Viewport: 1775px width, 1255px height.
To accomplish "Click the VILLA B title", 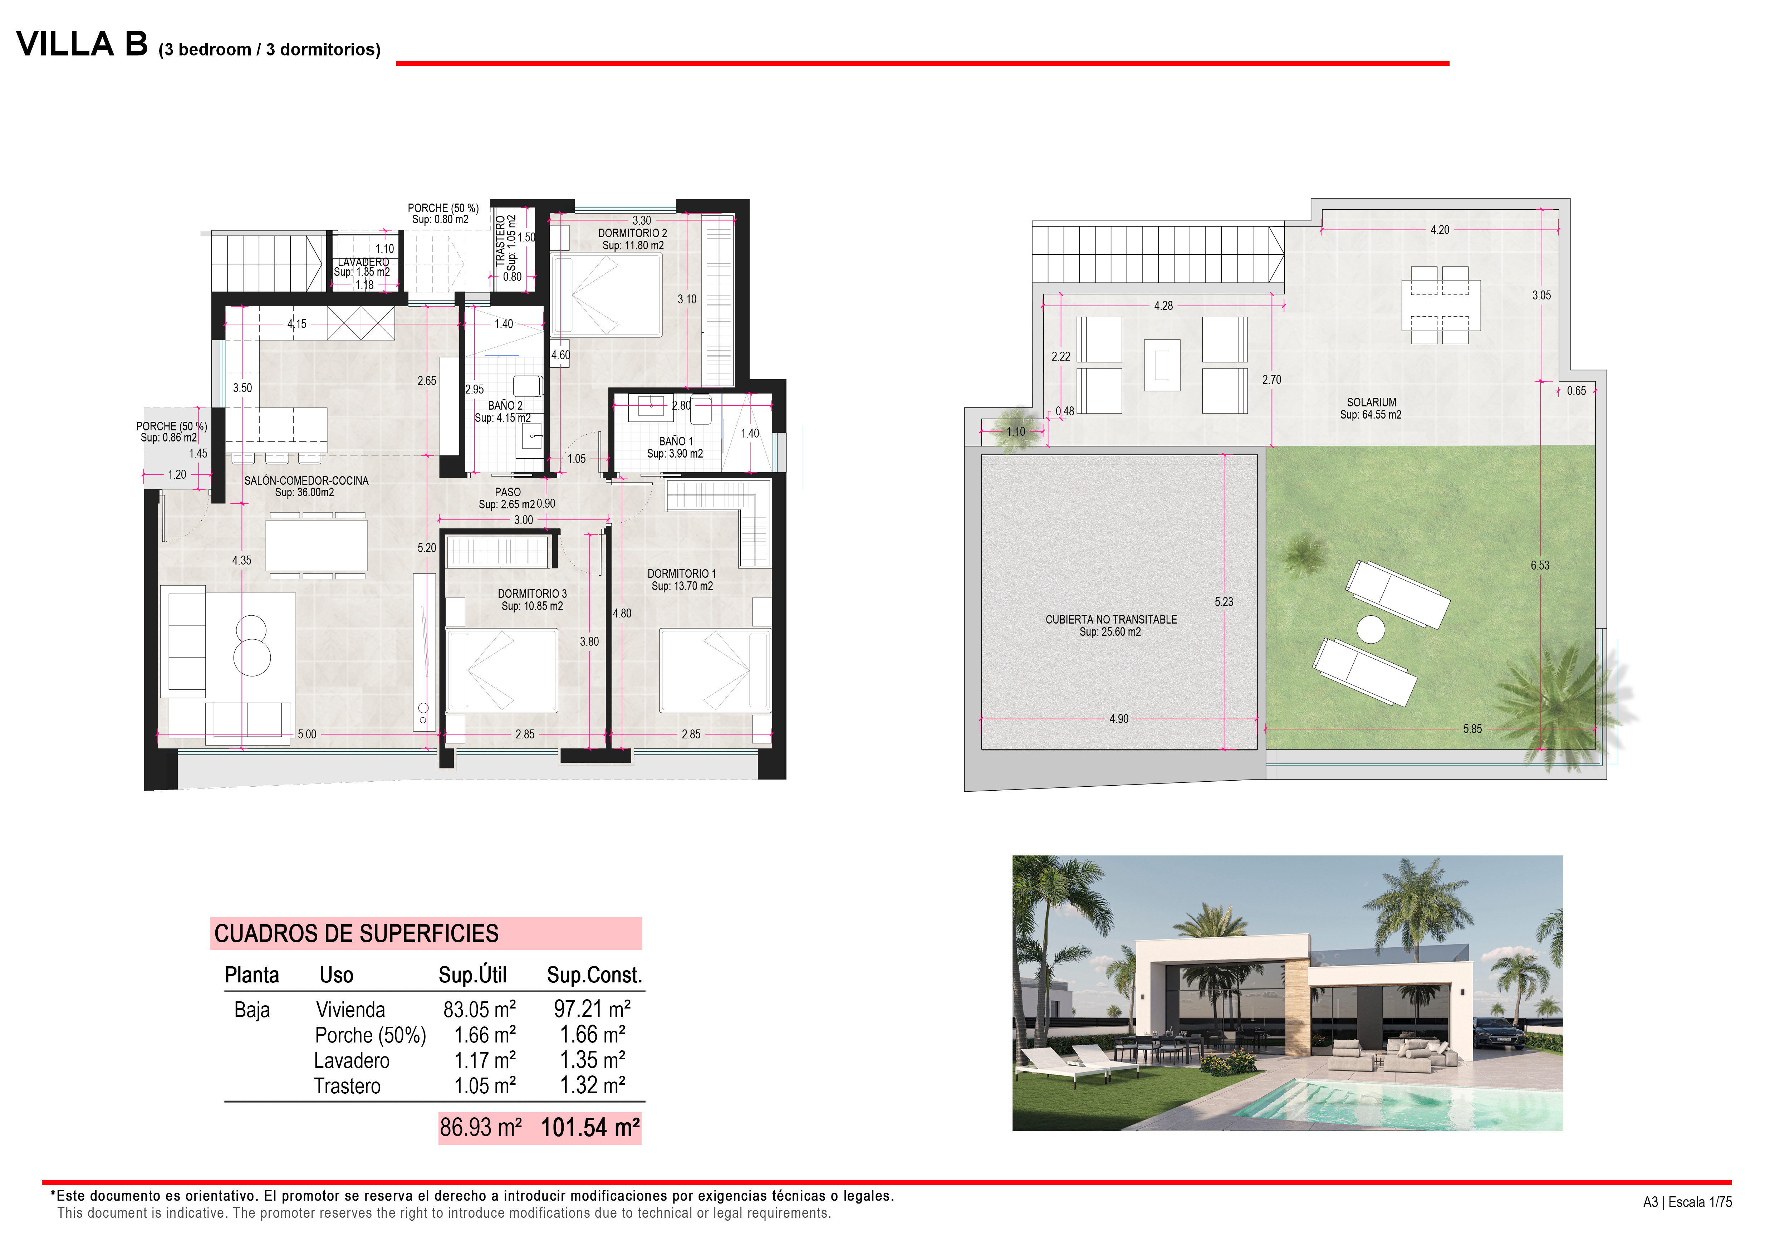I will (x=82, y=44).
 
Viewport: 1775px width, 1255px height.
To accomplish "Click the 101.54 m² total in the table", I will (x=590, y=1127).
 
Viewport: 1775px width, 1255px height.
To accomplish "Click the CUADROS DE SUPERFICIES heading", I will (x=356, y=933).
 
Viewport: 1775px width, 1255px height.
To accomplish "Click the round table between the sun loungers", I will (x=1371, y=629).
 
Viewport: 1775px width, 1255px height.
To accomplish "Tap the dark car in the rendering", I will (x=1498, y=1033).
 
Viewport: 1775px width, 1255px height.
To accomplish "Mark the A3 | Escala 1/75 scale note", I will (x=1687, y=1202).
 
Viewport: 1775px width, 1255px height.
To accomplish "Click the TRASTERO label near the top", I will (x=500, y=241).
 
